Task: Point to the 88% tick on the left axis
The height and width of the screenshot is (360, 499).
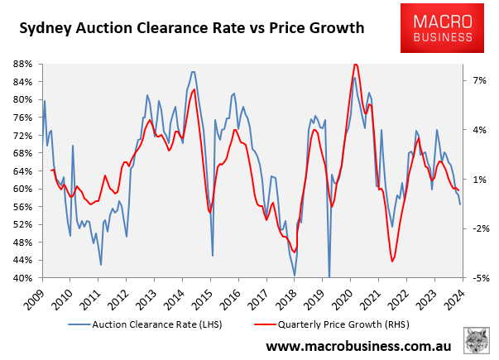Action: click(22, 64)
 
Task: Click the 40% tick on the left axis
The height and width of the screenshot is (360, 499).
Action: click(22, 278)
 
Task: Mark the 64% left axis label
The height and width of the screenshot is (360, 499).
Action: click(22, 171)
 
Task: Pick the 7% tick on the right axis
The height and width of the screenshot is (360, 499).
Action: click(480, 80)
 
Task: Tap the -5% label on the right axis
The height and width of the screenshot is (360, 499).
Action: click(480, 278)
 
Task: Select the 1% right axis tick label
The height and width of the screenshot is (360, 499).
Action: click(480, 180)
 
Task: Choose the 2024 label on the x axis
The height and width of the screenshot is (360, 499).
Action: click(453, 294)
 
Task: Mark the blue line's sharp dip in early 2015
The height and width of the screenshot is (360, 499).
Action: click(213, 255)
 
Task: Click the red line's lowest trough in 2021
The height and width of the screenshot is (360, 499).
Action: click(392, 262)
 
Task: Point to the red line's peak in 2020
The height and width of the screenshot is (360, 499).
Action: click(355, 64)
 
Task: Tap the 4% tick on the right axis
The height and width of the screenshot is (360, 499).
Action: click(480, 130)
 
